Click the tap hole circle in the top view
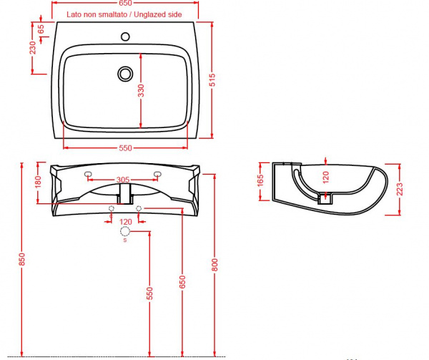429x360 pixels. (126, 37)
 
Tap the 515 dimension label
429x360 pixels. (212, 79)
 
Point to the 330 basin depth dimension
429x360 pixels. (141, 91)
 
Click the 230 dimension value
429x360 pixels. (33, 48)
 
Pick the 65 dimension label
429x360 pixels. (41, 29)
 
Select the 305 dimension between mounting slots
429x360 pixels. (123, 180)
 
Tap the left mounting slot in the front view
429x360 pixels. (88, 174)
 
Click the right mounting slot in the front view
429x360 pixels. (157, 174)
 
